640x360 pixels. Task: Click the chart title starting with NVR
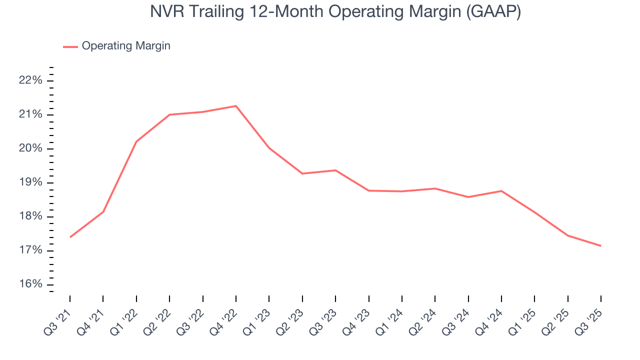click(335, 12)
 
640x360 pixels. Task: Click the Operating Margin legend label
click(126, 46)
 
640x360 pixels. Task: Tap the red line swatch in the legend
click(70, 46)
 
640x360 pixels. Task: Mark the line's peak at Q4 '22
click(236, 106)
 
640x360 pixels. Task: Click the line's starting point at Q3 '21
click(70, 237)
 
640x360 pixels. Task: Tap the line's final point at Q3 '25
click(600, 245)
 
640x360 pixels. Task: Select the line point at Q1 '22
click(136, 141)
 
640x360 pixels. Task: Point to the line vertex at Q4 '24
click(501, 191)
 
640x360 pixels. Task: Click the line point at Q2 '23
click(302, 173)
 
